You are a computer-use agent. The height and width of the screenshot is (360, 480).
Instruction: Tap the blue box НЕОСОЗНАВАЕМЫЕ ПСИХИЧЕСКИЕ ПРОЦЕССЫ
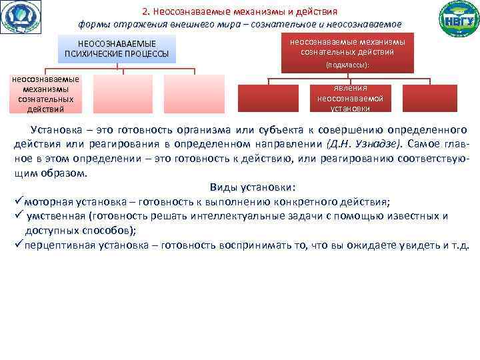pos(117,48)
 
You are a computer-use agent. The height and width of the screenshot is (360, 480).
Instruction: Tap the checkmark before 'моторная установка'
pos(18,202)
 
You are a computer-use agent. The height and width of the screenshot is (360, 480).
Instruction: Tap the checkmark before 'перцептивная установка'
pos(18,245)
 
